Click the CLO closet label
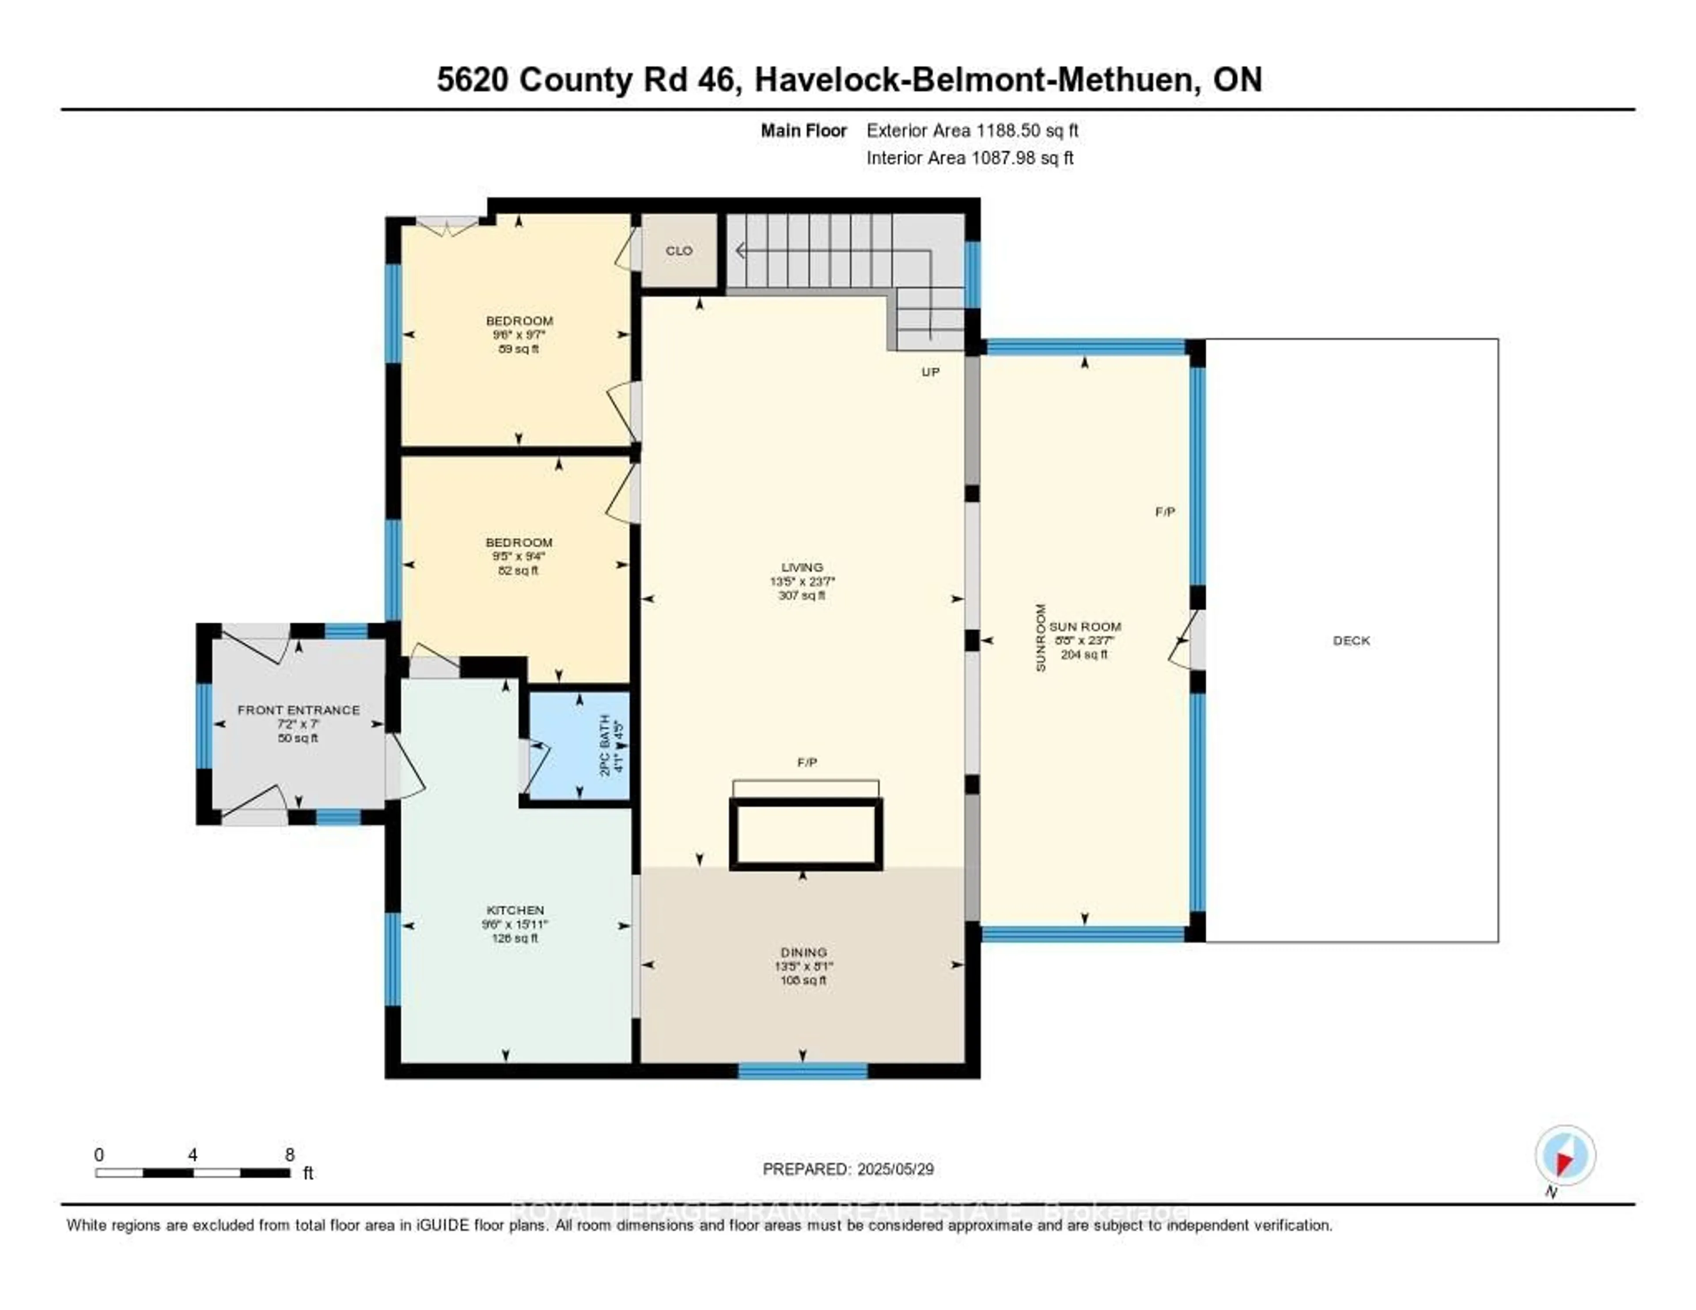(x=679, y=251)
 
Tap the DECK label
(x=1351, y=640)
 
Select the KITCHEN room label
(x=515, y=910)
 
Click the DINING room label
(x=804, y=952)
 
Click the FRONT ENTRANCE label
(x=298, y=710)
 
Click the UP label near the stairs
(x=930, y=372)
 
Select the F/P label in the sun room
(x=1165, y=512)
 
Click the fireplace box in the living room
(x=805, y=833)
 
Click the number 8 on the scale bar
(x=290, y=1155)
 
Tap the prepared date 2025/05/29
(x=894, y=1170)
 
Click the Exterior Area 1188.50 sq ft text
(x=972, y=130)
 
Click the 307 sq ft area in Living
(x=802, y=596)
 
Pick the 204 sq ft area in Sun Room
(x=1084, y=655)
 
